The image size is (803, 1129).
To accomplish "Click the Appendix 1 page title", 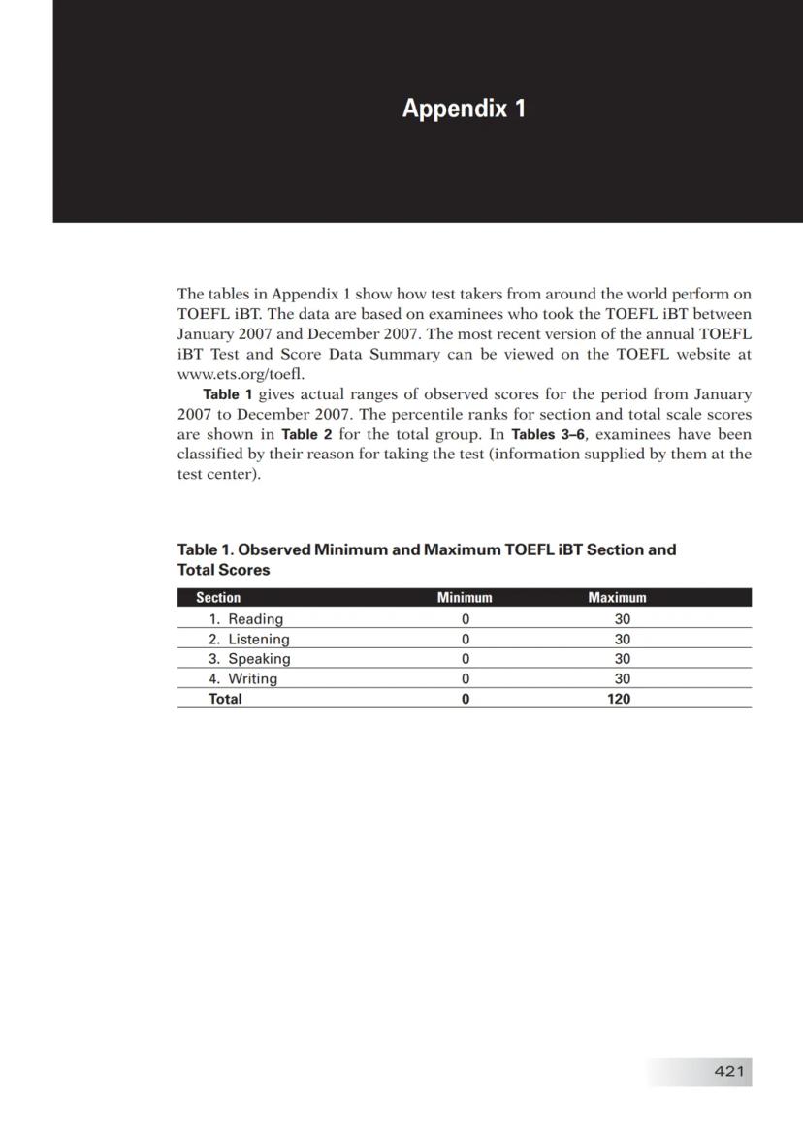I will (464, 108).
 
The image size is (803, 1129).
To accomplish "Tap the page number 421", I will (728, 1071).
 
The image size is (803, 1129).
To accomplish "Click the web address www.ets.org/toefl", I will (241, 374).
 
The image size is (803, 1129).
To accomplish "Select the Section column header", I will (218, 598).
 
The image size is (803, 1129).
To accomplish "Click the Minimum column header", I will (465, 598).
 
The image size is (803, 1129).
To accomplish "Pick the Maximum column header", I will (617, 598).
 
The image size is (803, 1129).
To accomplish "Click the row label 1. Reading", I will (246, 619).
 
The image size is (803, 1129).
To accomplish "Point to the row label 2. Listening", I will (249, 640).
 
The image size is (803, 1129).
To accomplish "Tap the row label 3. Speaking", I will (249, 659).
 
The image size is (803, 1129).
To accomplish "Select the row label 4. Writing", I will (243, 679).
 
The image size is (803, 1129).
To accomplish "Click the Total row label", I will (225, 699).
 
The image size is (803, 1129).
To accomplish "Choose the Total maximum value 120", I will (619, 699).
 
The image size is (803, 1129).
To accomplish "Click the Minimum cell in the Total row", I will (466, 699).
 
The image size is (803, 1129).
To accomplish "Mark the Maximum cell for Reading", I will (623, 619).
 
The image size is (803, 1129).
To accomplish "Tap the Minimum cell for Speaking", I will (466, 659).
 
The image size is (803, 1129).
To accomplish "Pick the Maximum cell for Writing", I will (623, 679).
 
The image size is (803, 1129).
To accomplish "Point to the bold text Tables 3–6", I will (549, 434).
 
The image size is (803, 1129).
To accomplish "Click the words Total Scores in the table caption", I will (223, 570).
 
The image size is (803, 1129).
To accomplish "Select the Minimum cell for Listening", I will (466, 640).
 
